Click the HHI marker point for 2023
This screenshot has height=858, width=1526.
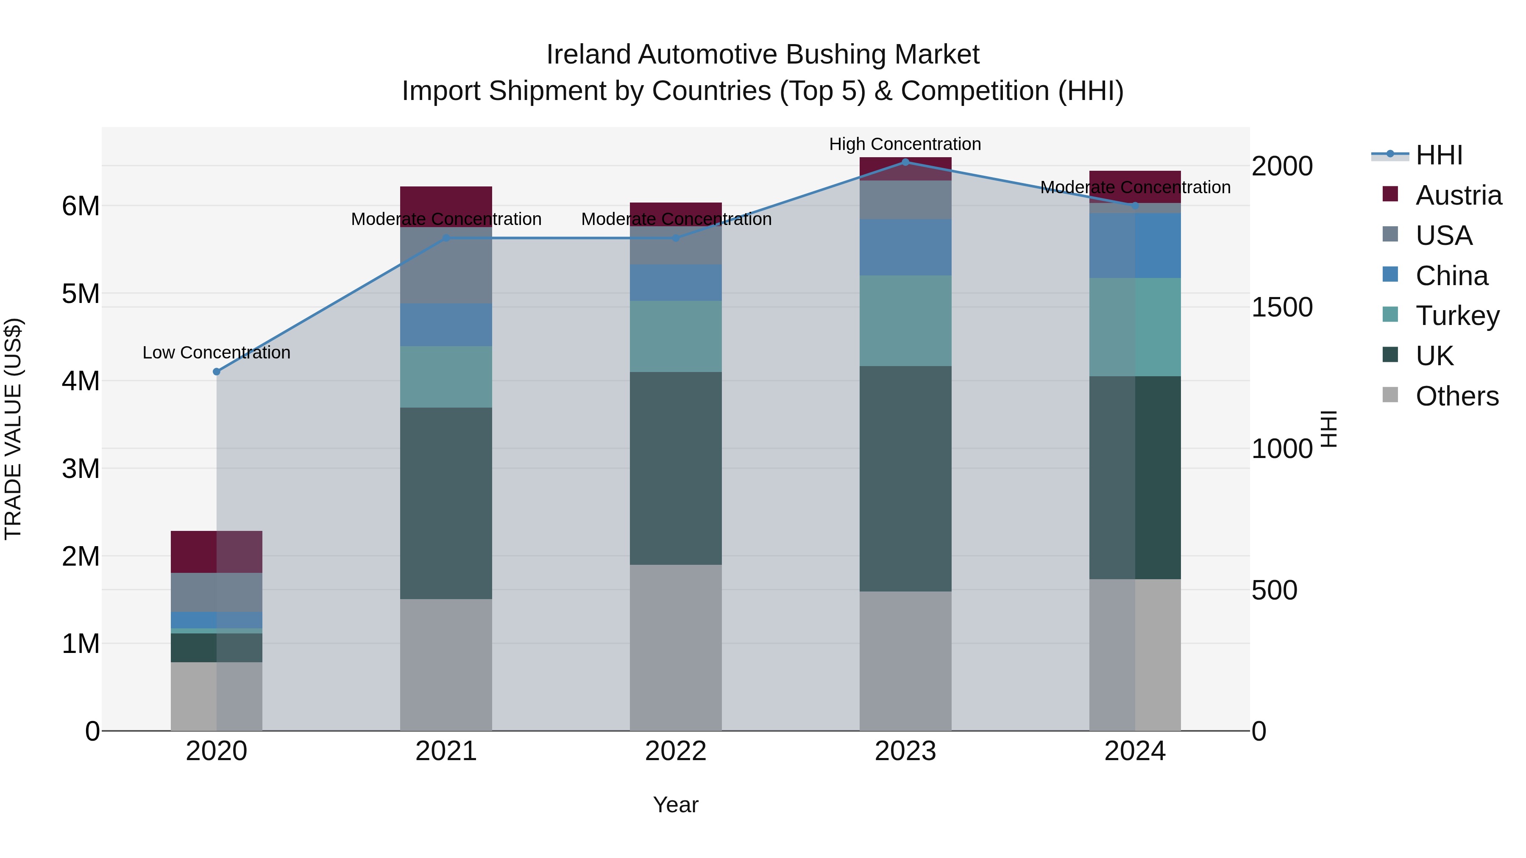pos(905,162)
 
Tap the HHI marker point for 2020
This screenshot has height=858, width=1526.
pos(216,371)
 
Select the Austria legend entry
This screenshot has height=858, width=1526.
pos(1457,195)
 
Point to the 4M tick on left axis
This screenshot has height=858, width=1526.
pos(81,381)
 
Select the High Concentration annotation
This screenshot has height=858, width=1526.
pos(905,144)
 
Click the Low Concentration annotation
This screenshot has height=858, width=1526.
pos(216,353)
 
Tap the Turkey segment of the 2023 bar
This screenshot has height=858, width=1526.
pos(905,320)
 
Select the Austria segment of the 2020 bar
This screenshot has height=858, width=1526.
pos(216,551)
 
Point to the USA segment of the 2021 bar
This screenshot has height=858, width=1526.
pos(446,265)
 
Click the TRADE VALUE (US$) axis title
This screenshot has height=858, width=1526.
pos(13,429)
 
